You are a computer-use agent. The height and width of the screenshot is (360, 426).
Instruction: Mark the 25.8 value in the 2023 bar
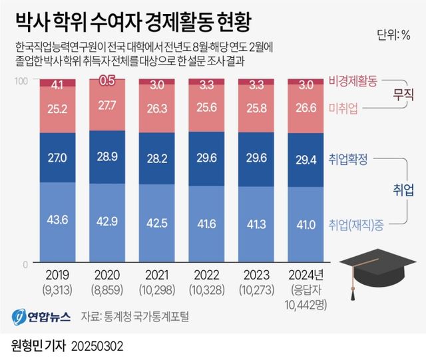[x=256, y=106]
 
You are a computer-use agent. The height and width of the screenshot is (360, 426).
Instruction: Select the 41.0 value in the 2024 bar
[x=306, y=224]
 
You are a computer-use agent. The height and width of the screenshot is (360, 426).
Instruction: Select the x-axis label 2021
[x=156, y=275]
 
